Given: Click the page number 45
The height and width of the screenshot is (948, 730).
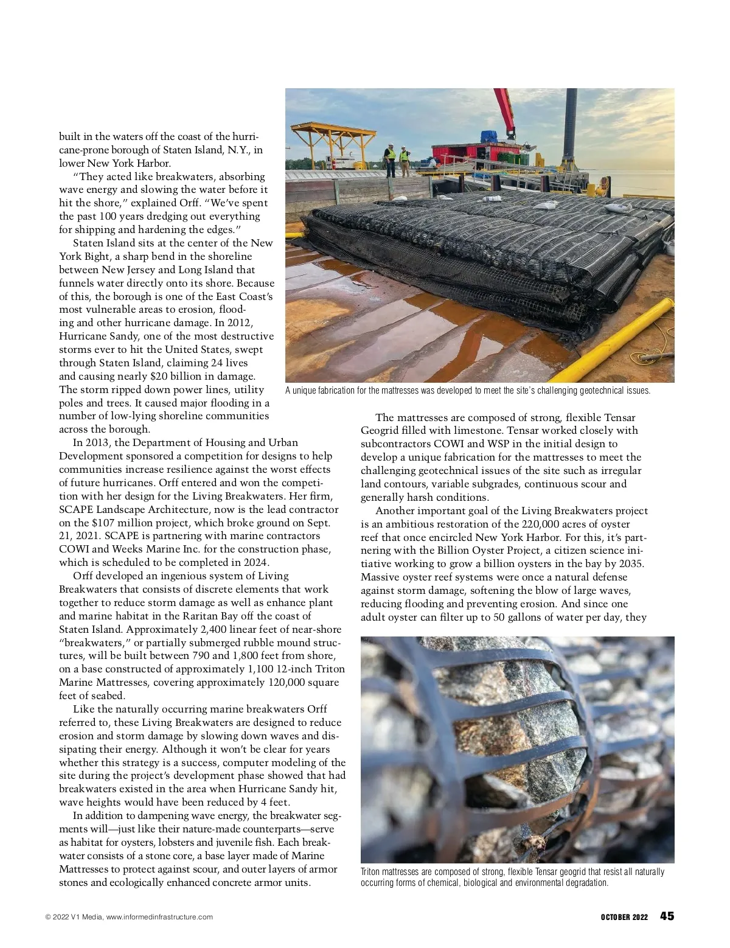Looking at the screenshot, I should pos(667,916).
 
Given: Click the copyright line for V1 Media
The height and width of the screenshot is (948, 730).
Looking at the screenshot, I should pos(129,917).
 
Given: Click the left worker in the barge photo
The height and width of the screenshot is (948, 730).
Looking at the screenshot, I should pos(390,159).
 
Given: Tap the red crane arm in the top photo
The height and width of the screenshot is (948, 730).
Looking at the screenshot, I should pos(506,113).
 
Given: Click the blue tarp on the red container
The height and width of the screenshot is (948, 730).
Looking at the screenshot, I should pos(489,136).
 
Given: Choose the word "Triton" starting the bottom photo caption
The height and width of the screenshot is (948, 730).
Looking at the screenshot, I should pos(371,872).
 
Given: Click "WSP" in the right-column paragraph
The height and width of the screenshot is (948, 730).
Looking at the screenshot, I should pos(512,444).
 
